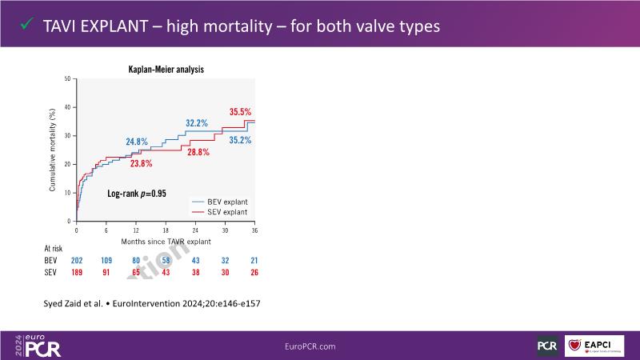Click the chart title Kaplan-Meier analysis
(166, 70)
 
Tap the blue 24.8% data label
(137, 142)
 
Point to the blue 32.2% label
(197, 123)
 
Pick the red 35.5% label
(240, 112)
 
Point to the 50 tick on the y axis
(68, 78)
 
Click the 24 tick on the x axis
(195, 230)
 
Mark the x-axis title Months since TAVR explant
(165, 241)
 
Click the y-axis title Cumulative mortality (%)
(52, 150)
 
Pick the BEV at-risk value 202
(77, 262)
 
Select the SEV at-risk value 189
(77, 274)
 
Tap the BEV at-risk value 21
(254, 262)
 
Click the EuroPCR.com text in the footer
(310, 346)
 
